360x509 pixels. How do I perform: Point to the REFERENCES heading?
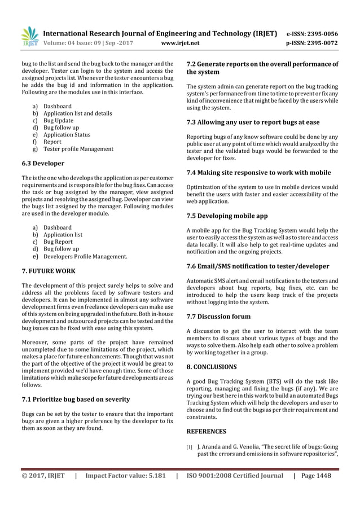coord(206,431)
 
